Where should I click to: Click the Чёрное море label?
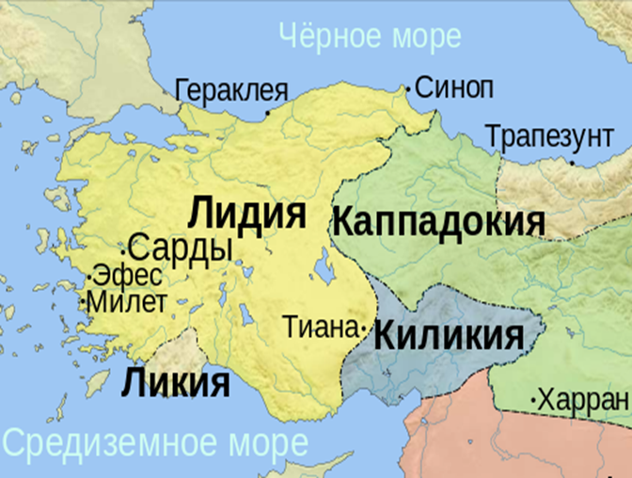click(x=371, y=36)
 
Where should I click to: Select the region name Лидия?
click(x=247, y=213)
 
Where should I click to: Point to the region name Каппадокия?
click(x=438, y=223)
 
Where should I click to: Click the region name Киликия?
click(x=449, y=335)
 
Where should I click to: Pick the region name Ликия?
click(x=176, y=383)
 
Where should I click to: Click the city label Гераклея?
click(x=230, y=90)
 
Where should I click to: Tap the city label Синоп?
click(x=453, y=88)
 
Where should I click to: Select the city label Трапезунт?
click(x=549, y=136)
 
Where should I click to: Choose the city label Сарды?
click(x=180, y=248)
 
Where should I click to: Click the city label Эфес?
click(x=129, y=277)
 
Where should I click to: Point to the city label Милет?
click(x=129, y=302)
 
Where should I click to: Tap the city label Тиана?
click(x=321, y=328)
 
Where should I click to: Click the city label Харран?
click(x=584, y=400)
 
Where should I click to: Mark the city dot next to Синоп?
click(x=408, y=89)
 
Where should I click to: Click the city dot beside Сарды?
click(x=123, y=251)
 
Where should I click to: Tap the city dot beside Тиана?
click(x=364, y=329)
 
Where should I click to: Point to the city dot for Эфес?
click(x=88, y=279)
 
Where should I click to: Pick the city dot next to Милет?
click(x=86, y=304)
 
